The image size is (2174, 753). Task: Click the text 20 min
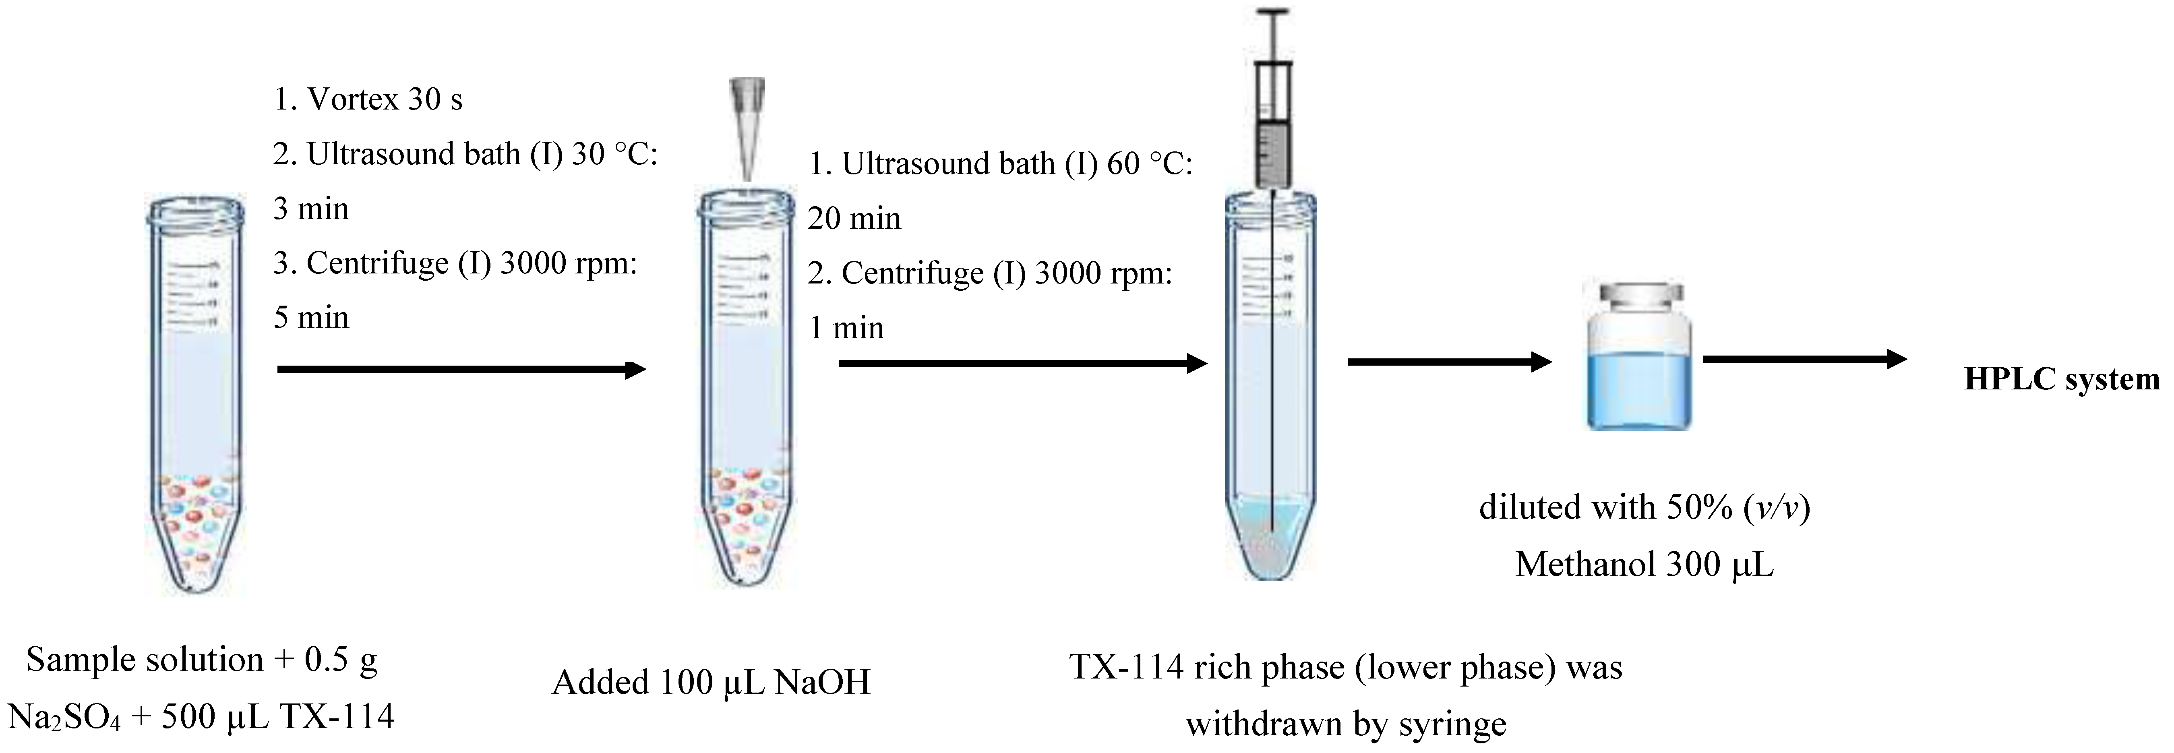pyautogui.click(x=854, y=219)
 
